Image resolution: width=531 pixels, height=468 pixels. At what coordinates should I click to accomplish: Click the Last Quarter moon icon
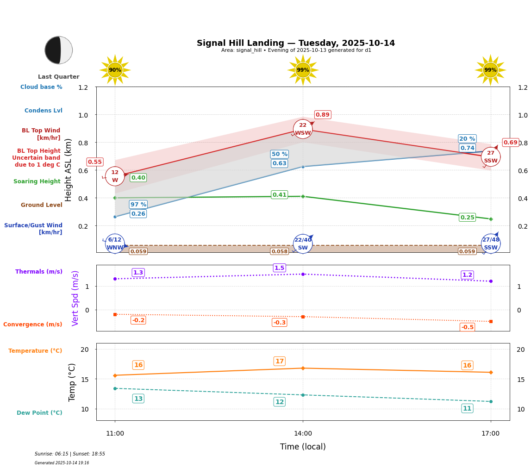coord(59,50)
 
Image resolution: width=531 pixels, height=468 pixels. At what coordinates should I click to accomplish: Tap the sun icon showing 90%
coord(115,70)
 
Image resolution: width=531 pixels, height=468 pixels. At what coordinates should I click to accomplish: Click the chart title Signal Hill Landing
coord(296,43)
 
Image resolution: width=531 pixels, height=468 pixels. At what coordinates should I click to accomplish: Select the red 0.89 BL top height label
coord(323,115)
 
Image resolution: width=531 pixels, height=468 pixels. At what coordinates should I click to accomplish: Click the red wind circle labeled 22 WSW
coord(303,129)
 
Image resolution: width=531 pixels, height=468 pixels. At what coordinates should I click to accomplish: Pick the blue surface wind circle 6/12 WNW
coord(115,243)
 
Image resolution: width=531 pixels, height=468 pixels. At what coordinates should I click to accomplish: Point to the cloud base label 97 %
coord(138,205)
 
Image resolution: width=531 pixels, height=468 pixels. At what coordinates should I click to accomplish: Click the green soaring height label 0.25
coord(467,218)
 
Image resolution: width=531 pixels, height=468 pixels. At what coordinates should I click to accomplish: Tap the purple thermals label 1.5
coord(280,268)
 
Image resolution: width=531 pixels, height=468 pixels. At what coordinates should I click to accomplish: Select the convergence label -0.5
coord(467,327)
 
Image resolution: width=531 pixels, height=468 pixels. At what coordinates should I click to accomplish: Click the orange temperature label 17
coord(280,362)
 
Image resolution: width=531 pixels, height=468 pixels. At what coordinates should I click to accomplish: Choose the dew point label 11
coord(467,408)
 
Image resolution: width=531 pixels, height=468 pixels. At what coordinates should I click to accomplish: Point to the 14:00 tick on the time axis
coord(303,434)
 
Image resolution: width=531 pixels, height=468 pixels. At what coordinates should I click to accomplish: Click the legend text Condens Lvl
coord(44,111)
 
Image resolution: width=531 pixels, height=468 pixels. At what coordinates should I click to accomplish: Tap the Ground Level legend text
coord(42,205)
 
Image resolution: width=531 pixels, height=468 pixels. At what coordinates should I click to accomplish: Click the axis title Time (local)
coord(303,447)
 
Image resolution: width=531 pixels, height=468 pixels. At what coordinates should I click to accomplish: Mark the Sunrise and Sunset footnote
coord(70,454)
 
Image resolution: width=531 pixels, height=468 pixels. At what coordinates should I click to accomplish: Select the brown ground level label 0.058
coord(280,251)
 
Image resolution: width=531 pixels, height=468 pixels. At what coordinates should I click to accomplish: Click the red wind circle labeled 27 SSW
coord(491,157)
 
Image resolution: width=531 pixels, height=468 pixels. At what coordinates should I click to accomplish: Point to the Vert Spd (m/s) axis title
coord(75,298)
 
